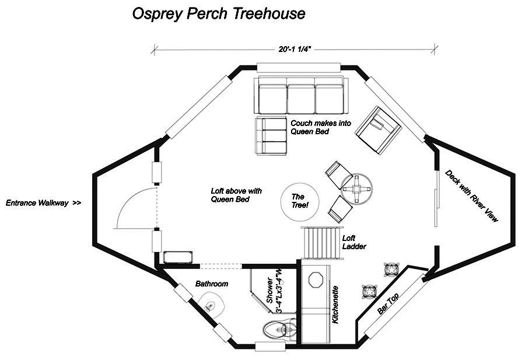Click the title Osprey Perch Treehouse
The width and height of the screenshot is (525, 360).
219,13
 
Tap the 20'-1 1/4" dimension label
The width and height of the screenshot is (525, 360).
296,50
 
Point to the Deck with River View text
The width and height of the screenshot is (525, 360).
472,195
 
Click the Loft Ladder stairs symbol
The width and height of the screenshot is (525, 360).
320,242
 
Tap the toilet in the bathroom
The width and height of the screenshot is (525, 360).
275,330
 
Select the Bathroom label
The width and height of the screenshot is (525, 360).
212,284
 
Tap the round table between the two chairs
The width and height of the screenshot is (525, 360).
357,189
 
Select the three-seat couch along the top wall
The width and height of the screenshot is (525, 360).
301,95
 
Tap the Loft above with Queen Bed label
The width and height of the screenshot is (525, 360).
236,195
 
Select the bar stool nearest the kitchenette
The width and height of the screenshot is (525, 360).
369,290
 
